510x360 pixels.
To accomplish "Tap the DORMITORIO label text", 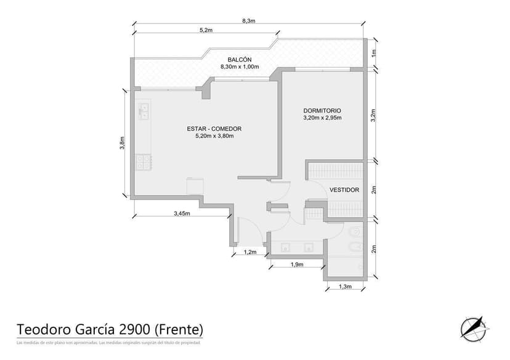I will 322,110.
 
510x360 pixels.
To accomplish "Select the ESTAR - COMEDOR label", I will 214,128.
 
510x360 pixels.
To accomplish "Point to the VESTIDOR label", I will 344,190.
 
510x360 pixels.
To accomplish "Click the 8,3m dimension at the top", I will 248,21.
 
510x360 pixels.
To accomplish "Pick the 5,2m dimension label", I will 206,30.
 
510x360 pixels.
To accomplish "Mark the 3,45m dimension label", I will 182,214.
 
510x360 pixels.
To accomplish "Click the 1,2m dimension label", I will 249,252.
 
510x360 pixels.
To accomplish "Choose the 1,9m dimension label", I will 296,264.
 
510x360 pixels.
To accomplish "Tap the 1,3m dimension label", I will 346,287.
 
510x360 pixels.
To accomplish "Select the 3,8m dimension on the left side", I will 123,143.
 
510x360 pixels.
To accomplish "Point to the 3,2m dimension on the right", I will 373,116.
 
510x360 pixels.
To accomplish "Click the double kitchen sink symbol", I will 144,111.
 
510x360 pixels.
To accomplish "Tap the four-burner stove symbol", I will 144,162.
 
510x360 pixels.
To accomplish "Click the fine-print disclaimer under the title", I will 108,342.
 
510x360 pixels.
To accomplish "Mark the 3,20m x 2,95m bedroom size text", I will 322,118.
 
